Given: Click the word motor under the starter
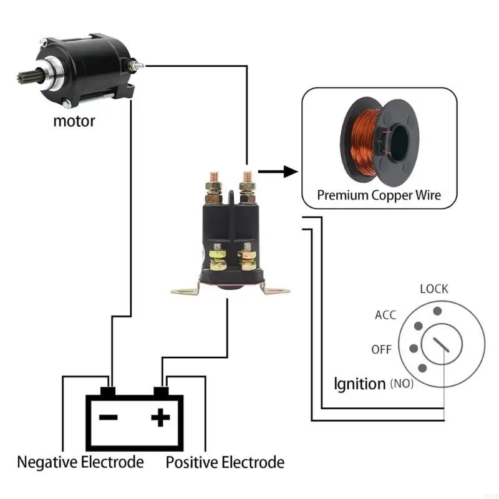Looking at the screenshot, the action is click(x=74, y=121).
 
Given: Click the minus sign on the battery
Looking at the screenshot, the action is click(x=109, y=417).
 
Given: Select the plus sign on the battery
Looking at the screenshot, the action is click(x=160, y=417).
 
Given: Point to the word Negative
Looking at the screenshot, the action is click(x=47, y=462).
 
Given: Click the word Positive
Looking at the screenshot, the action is click(x=192, y=462).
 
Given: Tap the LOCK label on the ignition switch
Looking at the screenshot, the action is click(x=434, y=289).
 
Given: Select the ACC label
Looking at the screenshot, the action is click(x=385, y=315).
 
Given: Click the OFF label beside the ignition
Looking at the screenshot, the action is click(x=381, y=350).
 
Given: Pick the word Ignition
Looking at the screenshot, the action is click(x=360, y=384).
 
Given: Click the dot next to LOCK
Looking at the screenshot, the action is click(x=438, y=311).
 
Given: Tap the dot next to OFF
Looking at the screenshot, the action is click(x=414, y=349).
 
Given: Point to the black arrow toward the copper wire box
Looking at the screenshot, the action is click(x=278, y=172).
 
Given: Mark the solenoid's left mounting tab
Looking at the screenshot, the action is click(x=185, y=289).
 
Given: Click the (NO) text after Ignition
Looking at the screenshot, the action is click(x=402, y=384).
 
